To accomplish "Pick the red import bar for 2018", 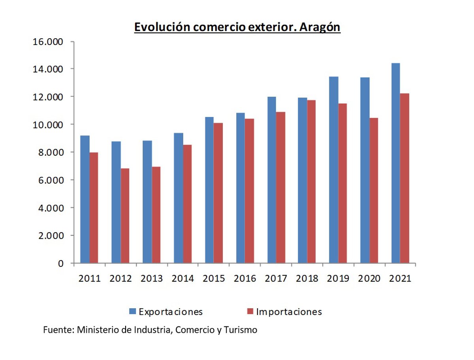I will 311,182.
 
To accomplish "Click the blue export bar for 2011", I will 85,199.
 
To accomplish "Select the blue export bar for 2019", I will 333,170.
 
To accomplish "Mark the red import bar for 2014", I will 187,204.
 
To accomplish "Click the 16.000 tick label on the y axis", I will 47,41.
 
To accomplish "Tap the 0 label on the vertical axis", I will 60,264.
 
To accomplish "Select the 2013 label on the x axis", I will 152,279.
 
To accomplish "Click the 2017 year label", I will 276,279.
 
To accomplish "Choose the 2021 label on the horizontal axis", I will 400,279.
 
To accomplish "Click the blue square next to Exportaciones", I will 133,312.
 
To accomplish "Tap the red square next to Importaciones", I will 250,312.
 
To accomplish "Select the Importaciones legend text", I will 289,312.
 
